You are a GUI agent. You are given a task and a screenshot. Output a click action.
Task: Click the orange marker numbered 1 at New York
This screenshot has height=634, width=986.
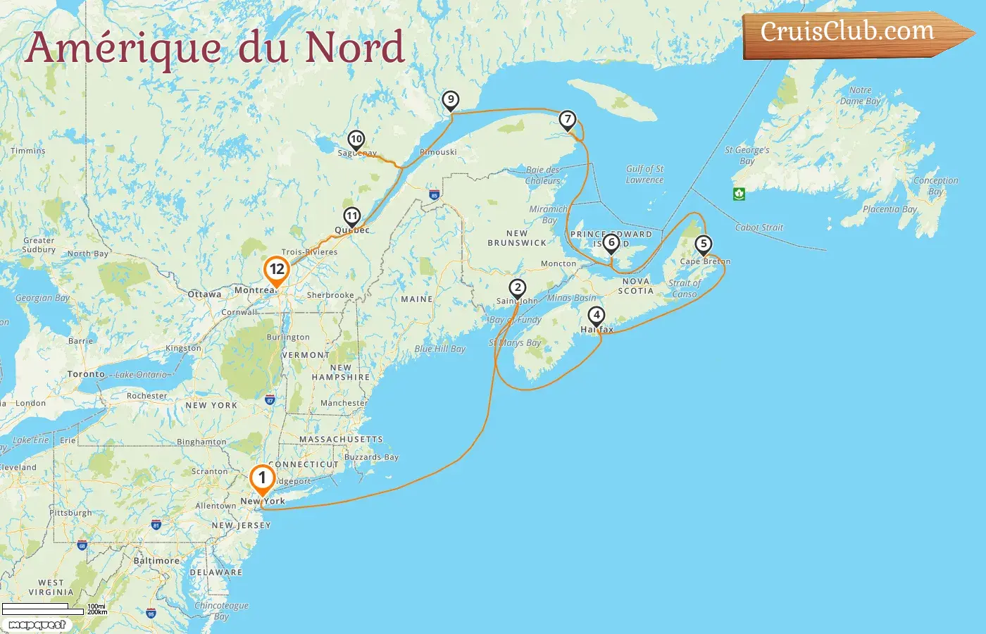tap(262, 479)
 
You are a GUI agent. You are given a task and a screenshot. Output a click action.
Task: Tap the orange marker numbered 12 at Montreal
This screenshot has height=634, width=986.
tap(277, 270)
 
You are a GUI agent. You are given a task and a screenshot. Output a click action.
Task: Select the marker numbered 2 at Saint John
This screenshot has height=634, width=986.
tap(518, 288)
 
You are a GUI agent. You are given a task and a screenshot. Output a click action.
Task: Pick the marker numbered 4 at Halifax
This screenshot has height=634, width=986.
tap(597, 316)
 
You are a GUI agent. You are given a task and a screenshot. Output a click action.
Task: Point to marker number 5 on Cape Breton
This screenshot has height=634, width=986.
tap(703, 244)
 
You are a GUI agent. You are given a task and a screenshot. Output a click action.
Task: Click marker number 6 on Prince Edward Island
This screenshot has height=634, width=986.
tap(611, 243)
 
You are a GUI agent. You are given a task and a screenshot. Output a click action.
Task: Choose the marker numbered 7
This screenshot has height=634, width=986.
tap(568, 120)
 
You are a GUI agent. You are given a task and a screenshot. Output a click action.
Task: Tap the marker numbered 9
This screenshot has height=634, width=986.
tap(450, 100)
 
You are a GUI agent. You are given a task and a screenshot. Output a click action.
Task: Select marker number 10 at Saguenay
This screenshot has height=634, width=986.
tap(356, 139)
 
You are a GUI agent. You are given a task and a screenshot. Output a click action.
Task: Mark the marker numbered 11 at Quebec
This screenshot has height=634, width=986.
tap(351, 216)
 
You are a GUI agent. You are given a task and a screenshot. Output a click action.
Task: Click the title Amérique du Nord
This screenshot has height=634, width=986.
tap(215, 47)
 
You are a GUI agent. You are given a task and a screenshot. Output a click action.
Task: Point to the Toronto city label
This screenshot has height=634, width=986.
tap(86, 374)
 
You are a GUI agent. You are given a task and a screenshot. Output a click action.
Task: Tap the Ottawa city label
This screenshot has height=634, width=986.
tap(204, 294)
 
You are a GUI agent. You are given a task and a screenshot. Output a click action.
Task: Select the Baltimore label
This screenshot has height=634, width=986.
tap(156, 561)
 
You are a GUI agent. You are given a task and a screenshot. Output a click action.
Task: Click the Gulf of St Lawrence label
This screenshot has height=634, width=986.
tap(644, 174)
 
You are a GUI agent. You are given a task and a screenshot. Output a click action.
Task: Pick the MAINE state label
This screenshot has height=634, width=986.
tap(417, 299)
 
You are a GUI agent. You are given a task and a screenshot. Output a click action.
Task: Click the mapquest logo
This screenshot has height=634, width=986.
tap(37, 624)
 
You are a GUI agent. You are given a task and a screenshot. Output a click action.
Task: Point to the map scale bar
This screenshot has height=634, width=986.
tap(42, 608)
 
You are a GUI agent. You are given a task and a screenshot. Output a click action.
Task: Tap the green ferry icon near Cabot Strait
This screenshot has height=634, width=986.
tap(739, 194)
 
